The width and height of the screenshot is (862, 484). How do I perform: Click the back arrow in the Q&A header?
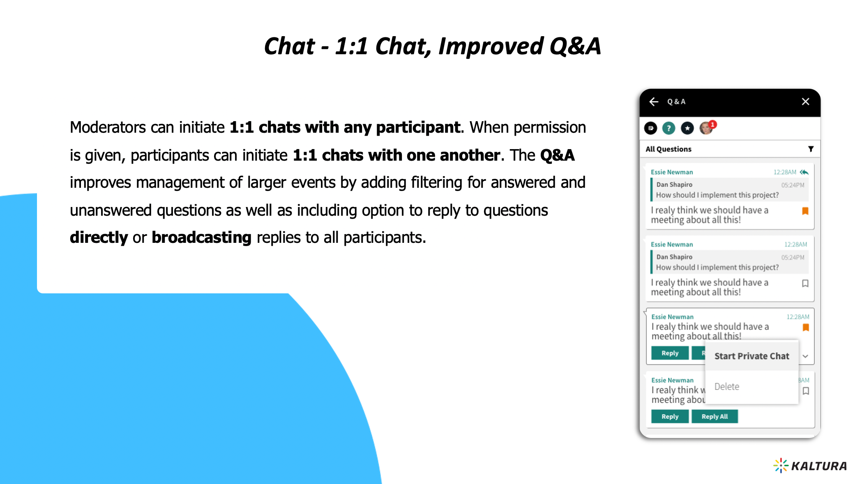(x=654, y=101)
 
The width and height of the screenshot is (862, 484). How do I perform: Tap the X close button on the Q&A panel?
(x=805, y=101)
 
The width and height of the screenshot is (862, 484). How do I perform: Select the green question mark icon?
(x=668, y=128)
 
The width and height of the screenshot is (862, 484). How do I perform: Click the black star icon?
(x=687, y=128)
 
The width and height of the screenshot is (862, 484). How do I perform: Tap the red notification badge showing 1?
(x=712, y=124)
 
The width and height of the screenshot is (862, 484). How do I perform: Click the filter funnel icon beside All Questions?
(x=811, y=149)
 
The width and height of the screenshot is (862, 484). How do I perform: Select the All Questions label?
(x=668, y=149)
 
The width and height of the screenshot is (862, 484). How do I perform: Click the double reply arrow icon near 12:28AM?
(x=804, y=172)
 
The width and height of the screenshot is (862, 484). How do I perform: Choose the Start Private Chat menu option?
(x=751, y=356)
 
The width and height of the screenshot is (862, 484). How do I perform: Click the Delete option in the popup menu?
(x=726, y=387)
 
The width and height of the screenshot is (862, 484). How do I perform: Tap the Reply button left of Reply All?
(x=670, y=416)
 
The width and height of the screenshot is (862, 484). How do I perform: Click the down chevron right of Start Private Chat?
(x=805, y=356)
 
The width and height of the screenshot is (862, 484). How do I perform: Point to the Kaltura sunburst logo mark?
(x=781, y=466)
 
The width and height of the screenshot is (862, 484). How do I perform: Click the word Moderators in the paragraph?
(x=108, y=127)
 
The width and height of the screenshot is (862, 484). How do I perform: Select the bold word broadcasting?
(x=201, y=237)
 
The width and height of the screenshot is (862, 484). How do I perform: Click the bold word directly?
(x=99, y=237)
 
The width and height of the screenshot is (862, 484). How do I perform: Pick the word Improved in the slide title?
(x=491, y=46)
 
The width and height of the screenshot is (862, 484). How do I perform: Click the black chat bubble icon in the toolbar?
(x=650, y=128)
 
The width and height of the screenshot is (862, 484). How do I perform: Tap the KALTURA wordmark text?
(x=819, y=466)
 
